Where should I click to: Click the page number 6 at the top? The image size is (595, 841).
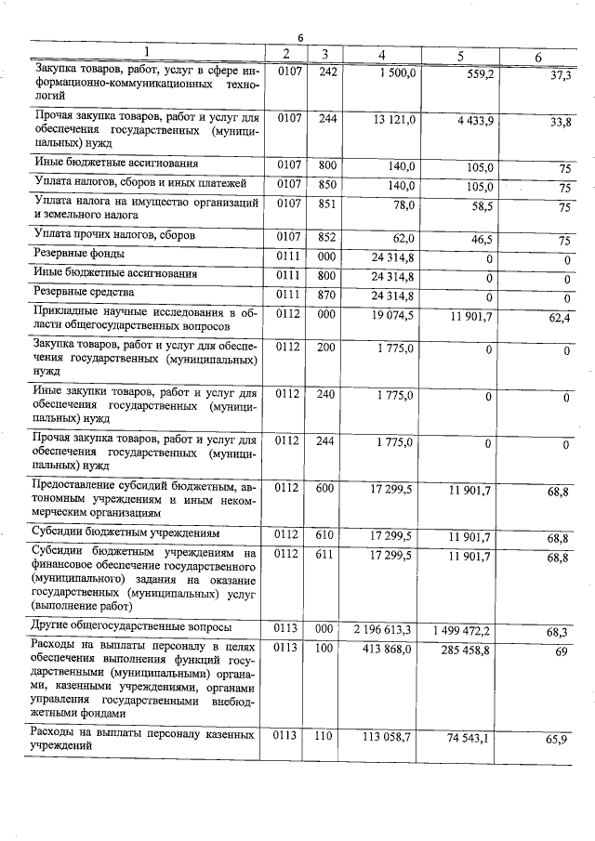coord(300,36)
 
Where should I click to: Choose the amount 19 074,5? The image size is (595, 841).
coord(392,316)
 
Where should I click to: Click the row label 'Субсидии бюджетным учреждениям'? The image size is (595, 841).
coord(126,535)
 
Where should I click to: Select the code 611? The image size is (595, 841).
coord(324,554)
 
